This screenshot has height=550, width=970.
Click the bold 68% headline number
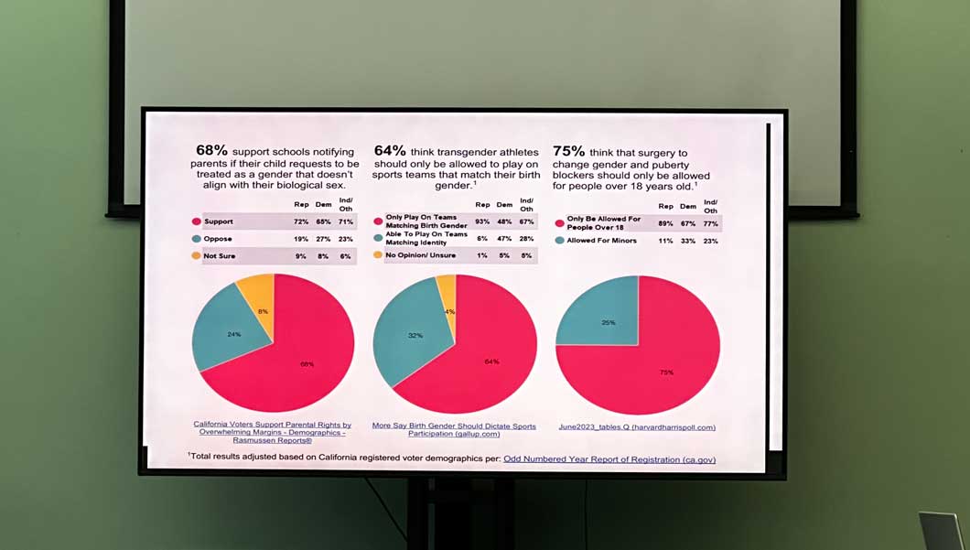(x=211, y=150)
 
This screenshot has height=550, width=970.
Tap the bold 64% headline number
(x=390, y=150)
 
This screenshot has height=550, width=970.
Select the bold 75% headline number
(x=568, y=151)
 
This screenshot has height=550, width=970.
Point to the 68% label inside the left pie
(x=307, y=364)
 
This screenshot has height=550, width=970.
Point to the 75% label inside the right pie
(x=666, y=372)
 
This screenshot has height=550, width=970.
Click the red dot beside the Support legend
(x=196, y=221)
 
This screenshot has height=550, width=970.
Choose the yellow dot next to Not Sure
(x=196, y=256)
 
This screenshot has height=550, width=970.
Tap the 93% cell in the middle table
(x=482, y=222)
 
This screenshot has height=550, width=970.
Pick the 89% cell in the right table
(x=665, y=222)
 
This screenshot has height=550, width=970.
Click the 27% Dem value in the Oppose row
(x=323, y=239)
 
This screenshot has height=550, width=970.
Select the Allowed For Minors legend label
(x=600, y=241)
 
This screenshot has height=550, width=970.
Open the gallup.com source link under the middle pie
(x=455, y=429)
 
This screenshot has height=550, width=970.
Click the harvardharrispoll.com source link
(x=637, y=426)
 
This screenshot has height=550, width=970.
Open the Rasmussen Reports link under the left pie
(x=272, y=432)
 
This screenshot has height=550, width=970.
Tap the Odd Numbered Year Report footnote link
(x=609, y=459)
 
